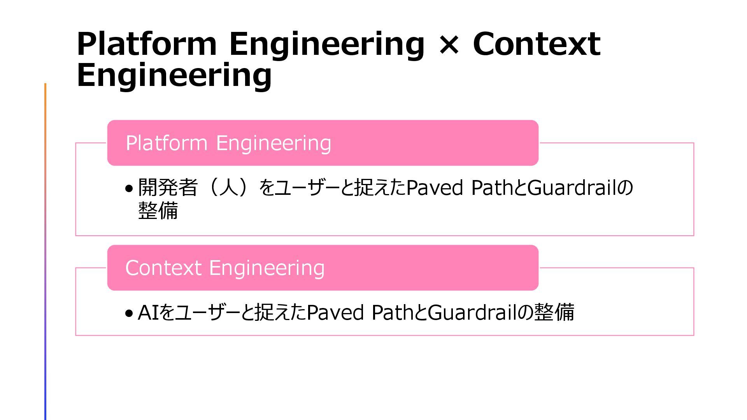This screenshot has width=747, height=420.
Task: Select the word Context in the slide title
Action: (x=537, y=44)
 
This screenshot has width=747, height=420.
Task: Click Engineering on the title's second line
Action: (x=174, y=75)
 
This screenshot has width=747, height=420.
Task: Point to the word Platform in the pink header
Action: (x=167, y=143)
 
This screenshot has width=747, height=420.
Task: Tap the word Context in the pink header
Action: (x=163, y=268)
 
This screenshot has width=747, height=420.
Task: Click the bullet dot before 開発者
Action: (x=129, y=189)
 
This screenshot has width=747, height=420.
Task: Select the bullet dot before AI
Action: (x=129, y=313)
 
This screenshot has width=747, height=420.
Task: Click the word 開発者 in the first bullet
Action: (x=168, y=187)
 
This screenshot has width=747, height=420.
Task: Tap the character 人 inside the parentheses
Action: (x=228, y=187)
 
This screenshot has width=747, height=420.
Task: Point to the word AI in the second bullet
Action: (x=148, y=313)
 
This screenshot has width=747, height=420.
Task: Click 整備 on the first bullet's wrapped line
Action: (x=158, y=210)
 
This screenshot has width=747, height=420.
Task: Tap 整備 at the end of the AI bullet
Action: (x=554, y=312)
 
